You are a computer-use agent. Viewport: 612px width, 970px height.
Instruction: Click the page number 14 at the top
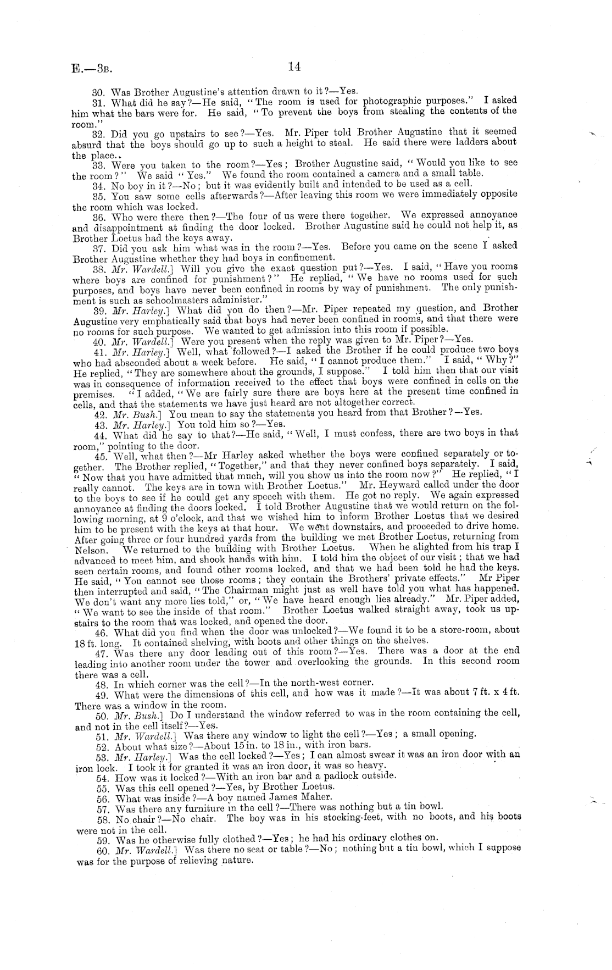coord(294,67)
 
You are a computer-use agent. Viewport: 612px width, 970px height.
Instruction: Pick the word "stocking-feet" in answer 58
coord(370,817)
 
